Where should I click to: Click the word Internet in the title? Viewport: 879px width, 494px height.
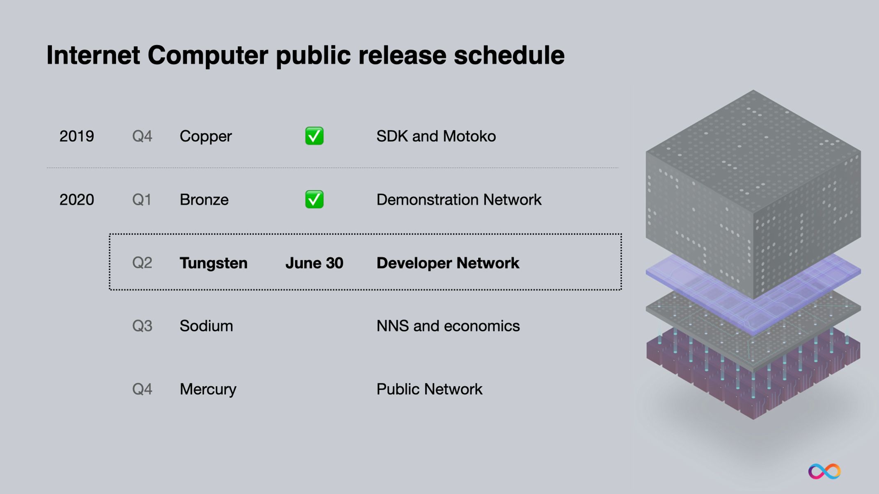pos(93,55)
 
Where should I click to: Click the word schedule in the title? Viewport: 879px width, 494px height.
pos(509,55)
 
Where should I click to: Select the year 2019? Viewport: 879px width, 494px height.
pos(77,137)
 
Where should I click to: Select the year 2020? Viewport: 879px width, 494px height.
pos(77,200)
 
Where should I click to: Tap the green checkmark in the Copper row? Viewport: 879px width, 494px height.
pos(314,136)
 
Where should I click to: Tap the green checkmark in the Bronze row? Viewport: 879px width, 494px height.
pos(314,199)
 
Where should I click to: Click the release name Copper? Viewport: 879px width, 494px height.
pos(206,137)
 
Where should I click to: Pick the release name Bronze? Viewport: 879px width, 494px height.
pos(204,200)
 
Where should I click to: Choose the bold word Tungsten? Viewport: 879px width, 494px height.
pos(213,263)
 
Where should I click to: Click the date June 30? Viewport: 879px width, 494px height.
pos(314,263)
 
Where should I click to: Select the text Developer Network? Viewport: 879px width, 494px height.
pos(448,263)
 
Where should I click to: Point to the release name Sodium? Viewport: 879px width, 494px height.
pos(206,326)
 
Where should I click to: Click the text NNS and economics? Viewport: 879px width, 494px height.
pos(448,326)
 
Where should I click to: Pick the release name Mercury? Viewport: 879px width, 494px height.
pos(208,389)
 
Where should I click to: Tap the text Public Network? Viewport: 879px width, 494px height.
pos(429,389)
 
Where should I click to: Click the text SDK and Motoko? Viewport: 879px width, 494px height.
pos(436,137)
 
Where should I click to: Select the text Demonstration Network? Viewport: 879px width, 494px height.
pos(459,200)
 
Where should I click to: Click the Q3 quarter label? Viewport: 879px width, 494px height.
pos(142,326)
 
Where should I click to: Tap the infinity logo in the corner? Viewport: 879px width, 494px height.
pos(824,471)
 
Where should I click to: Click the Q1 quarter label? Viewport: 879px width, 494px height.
pos(142,200)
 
